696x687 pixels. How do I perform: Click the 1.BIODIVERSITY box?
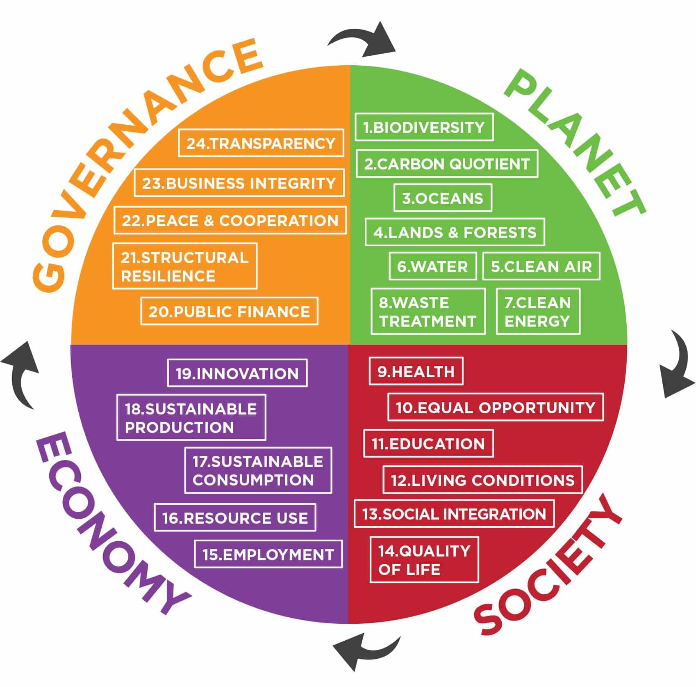point(424,127)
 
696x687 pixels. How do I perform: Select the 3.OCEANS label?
point(443,198)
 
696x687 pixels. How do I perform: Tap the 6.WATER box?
point(432,267)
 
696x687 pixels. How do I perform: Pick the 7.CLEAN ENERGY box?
point(538,311)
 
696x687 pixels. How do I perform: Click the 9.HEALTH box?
point(416,371)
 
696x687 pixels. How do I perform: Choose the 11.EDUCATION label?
point(428,444)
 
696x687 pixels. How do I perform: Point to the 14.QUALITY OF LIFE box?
point(424,560)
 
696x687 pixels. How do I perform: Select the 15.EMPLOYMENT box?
point(268,554)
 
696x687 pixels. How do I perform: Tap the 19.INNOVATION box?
point(237,373)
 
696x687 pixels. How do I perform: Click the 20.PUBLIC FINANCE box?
point(229,311)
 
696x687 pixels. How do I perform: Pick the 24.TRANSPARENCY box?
point(261,143)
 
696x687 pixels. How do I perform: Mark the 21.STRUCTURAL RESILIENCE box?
point(184,266)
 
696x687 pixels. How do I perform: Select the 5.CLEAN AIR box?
point(541,267)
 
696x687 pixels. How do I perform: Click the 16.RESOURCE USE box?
point(235,518)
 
